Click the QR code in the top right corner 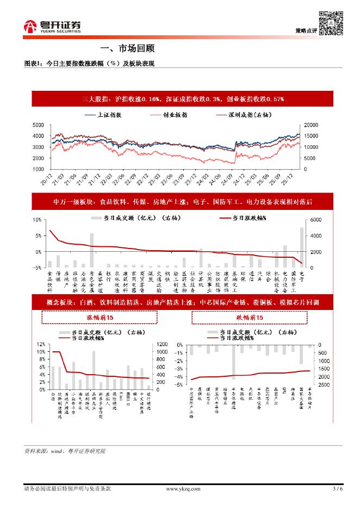pos(330,23)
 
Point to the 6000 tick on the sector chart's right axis pos(316,220)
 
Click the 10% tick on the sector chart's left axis pos(36,220)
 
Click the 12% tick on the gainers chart pos(41,345)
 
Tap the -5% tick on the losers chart pos(177,385)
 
